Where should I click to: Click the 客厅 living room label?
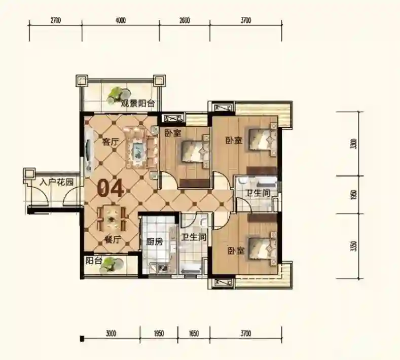click(110, 142)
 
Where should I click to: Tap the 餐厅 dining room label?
click(112, 240)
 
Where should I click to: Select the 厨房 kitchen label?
click(154, 241)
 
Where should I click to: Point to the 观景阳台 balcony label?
click(138, 103)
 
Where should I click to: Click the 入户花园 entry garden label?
click(57, 182)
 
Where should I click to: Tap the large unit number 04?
click(110, 189)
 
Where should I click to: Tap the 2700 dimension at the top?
click(56, 20)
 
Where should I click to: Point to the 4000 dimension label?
click(121, 20)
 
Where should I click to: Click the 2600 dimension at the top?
click(185, 20)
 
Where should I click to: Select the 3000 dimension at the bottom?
click(111, 333)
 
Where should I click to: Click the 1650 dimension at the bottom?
click(194, 333)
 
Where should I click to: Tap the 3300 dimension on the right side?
click(353, 143)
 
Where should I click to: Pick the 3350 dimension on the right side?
click(353, 246)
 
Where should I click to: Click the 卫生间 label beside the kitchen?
click(194, 237)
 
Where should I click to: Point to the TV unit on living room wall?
click(88, 152)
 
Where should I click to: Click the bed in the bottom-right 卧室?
click(263, 248)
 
